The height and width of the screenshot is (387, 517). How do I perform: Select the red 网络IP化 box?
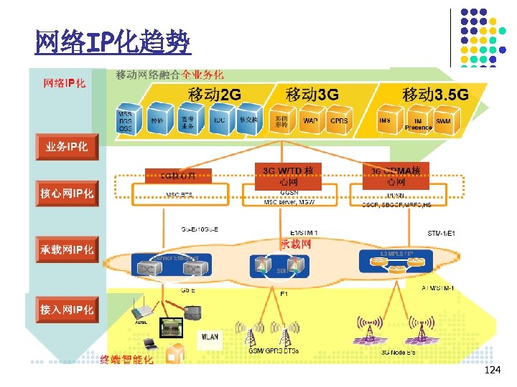pos(65,84)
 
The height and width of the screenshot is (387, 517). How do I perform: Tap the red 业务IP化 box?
pos(67,147)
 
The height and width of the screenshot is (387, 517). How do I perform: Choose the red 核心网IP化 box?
pos(67,193)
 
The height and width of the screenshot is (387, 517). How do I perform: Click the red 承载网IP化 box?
pos(66,249)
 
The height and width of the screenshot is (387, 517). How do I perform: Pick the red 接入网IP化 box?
pos(67,310)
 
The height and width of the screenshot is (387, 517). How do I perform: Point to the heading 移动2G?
pos(215,94)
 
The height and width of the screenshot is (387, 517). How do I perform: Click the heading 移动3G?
pos(312,94)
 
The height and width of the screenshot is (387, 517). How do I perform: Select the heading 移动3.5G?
pos(435,94)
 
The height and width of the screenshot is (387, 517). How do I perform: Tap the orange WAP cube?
pos(310,120)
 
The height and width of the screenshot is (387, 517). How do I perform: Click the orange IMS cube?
pos(385,120)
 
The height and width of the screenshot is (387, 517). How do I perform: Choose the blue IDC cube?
pos(219,120)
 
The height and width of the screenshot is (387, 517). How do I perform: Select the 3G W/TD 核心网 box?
pos(287,176)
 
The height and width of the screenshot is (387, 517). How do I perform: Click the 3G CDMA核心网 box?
pos(396,176)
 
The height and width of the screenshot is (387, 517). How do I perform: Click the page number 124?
pos(493,371)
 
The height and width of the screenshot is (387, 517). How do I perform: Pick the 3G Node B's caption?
pos(397,352)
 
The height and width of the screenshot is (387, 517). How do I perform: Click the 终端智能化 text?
pos(126,360)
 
